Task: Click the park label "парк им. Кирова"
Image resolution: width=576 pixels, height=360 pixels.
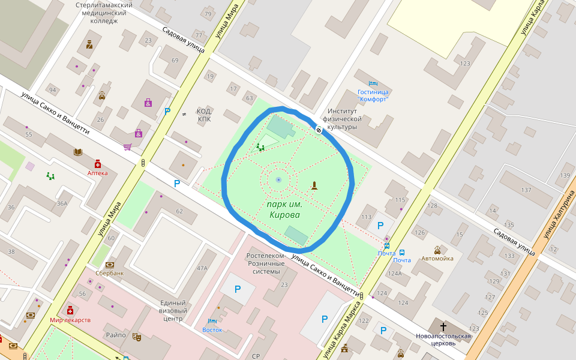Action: pos(284,209)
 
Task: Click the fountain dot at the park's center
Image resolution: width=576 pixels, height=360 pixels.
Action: pos(278,179)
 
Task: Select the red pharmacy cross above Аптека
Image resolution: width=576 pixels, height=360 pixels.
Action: pos(98,163)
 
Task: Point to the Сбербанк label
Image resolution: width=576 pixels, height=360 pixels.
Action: pos(110,273)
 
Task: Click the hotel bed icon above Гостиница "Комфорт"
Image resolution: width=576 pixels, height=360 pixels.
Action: pos(373,83)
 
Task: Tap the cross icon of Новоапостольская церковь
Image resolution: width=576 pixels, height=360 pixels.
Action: pos(443,326)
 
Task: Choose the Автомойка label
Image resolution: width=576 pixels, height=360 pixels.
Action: pos(437,259)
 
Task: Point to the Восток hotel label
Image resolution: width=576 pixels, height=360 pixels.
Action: pos(212,329)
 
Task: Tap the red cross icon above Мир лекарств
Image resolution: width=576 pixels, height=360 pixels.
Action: pos(70,310)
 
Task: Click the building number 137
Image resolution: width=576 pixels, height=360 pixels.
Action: pos(526,190)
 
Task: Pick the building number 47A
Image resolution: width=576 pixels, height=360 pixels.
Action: pos(202,268)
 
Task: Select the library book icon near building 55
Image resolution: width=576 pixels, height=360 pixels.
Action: pos(77,152)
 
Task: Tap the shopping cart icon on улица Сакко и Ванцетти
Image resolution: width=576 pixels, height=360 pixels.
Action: pos(127,146)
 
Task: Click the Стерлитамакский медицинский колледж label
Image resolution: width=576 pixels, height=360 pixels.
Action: pos(104,13)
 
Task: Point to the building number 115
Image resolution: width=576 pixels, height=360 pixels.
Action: pos(401,200)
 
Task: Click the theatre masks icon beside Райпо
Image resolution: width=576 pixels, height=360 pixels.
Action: pos(136,337)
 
